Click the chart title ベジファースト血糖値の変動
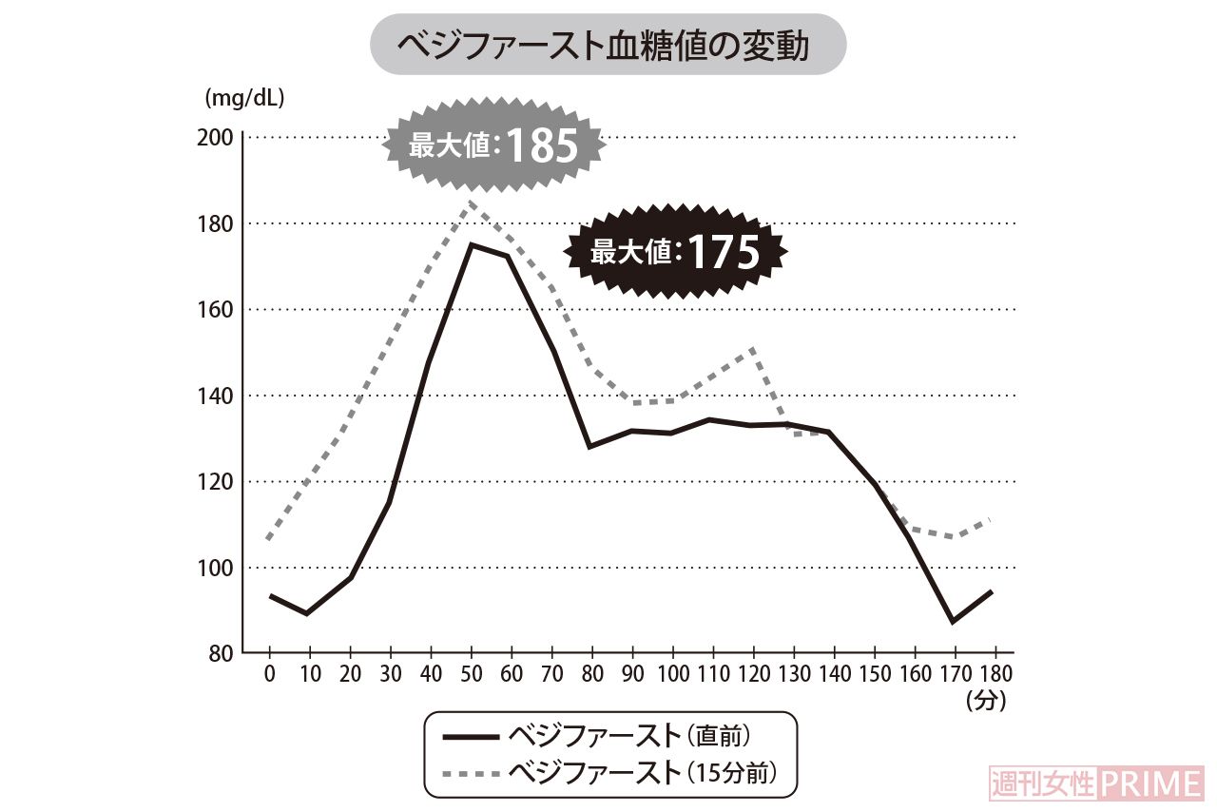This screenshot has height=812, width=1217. pyautogui.click(x=607, y=45)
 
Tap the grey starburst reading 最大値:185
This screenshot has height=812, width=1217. pyautogui.click(x=494, y=145)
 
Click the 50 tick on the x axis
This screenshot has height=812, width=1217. pyautogui.click(x=472, y=672)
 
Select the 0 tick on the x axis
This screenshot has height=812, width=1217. pyautogui.click(x=270, y=672)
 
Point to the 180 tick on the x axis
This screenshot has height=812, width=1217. pyautogui.click(x=995, y=672)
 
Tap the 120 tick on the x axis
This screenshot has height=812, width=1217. pyautogui.click(x=753, y=672)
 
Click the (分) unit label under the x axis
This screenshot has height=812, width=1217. pyautogui.click(x=985, y=702)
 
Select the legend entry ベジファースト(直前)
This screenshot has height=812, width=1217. pyautogui.click(x=609, y=737)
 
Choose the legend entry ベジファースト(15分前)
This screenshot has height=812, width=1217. pyautogui.click(x=609, y=770)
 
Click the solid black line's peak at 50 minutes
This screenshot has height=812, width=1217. pyautogui.click(x=471, y=244)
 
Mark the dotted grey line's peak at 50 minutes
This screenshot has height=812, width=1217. pyautogui.click(x=471, y=203)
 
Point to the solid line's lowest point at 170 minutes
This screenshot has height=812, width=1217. pyautogui.click(x=954, y=622)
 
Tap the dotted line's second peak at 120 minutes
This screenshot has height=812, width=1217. pyautogui.click(x=753, y=348)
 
